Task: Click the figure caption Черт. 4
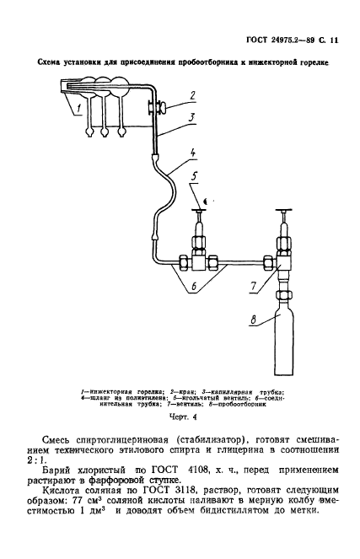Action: click(182, 415)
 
